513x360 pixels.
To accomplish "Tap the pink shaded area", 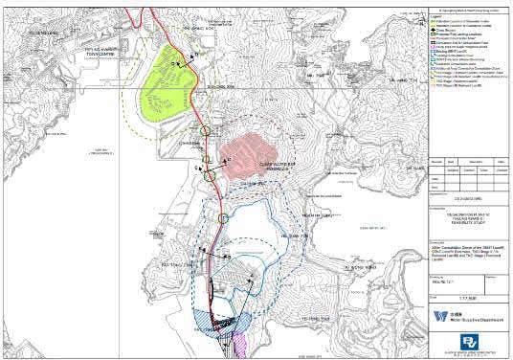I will click(x=251, y=150).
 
